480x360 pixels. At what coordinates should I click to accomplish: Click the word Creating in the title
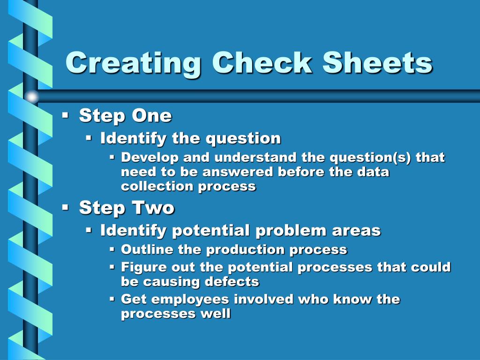pos(134,63)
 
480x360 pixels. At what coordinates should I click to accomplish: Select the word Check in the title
pos(262,63)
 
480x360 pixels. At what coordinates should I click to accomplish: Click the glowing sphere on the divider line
pos(31,97)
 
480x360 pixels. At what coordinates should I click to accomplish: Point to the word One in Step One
pos(152,115)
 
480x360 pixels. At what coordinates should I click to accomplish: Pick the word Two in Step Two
pos(153,208)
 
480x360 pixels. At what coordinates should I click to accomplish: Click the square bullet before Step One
pos(66,115)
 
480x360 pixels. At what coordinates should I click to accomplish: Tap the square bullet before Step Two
pos(66,207)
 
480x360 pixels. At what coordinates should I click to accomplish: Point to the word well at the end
pos(216,313)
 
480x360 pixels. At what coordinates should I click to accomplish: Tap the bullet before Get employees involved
pos(112,298)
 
